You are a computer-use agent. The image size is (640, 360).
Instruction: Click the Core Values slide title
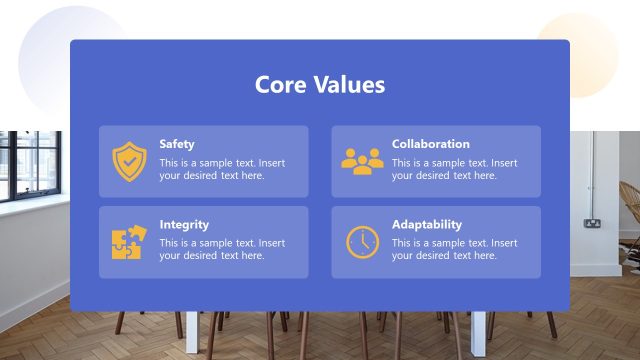click(x=320, y=85)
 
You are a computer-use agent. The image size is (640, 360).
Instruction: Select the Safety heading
click(x=177, y=144)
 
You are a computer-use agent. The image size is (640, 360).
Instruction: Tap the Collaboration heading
click(x=430, y=144)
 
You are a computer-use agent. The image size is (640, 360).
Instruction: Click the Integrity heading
click(x=184, y=225)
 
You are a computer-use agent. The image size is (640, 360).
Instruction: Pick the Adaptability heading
click(x=427, y=225)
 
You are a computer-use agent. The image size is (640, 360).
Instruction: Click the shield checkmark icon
click(x=129, y=161)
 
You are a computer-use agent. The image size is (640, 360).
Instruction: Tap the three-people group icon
click(x=362, y=160)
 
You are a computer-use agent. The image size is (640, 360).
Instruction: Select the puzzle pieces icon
click(x=129, y=242)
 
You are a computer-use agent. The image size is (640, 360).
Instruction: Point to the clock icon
click(x=362, y=242)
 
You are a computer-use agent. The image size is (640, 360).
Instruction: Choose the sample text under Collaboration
click(x=454, y=169)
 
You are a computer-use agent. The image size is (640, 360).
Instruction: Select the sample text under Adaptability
click(x=454, y=249)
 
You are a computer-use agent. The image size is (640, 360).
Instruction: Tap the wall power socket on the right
click(x=592, y=222)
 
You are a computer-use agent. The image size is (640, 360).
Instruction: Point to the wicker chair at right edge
click(x=629, y=210)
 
